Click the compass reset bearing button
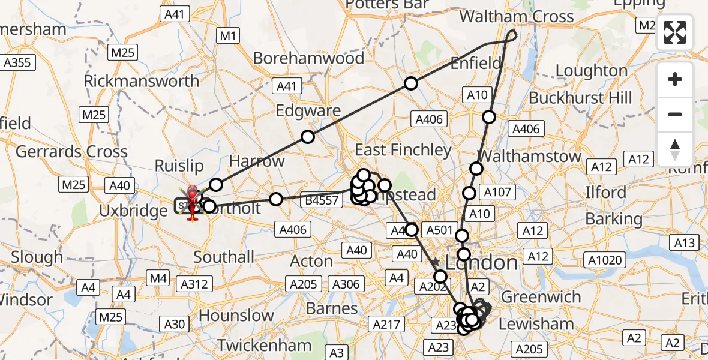(x=675, y=149)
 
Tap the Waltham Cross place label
(x=516, y=16)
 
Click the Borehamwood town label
(x=308, y=58)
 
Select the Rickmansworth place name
(x=142, y=81)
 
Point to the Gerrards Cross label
(x=71, y=152)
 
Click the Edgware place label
(x=308, y=111)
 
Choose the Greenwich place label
(x=541, y=297)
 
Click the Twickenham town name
(x=264, y=346)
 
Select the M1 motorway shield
(x=227, y=36)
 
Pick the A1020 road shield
(x=605, y=260)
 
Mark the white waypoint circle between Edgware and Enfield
(x=410, y=83)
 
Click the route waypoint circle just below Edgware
(x=307, y=137)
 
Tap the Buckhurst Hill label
(x=580, y=97)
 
